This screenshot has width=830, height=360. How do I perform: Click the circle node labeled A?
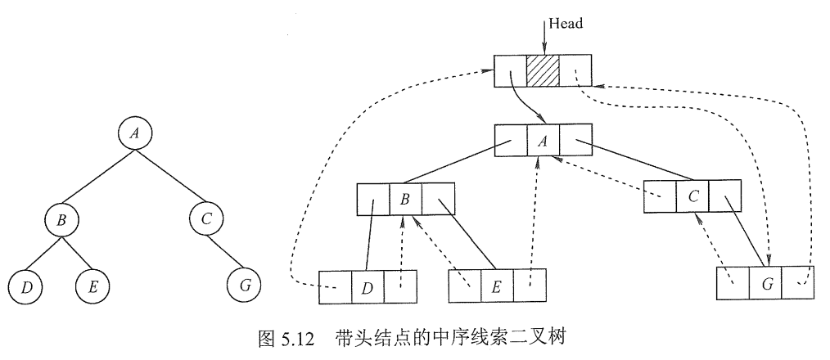135,133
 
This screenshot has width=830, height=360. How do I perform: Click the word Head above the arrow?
566,24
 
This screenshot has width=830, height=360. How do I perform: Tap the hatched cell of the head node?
542,71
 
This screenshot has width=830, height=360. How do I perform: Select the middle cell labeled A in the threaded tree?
542,140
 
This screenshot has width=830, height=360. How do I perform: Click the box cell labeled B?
404,200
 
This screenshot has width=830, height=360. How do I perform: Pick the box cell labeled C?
692,196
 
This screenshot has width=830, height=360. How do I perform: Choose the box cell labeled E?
496,286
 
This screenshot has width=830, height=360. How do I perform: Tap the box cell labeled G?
766,284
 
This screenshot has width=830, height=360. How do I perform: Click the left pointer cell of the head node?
510,71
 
